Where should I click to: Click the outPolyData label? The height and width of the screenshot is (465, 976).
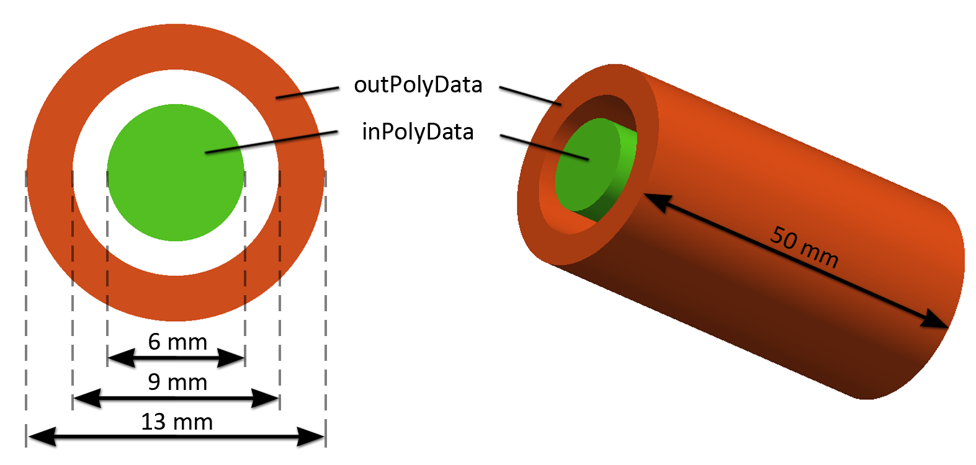(x=418, y=85)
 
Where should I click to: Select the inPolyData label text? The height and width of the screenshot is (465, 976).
(x=418, y=132)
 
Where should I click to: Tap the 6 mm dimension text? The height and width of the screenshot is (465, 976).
(x=177, y=342)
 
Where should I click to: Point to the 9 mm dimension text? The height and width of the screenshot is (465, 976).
(x=177, y=382)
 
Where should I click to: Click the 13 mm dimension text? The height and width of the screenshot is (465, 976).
(x=177, y=422)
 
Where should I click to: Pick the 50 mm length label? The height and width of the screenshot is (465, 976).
(x=804, y=246)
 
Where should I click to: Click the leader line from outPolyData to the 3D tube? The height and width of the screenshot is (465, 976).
(x=531, y=96)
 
